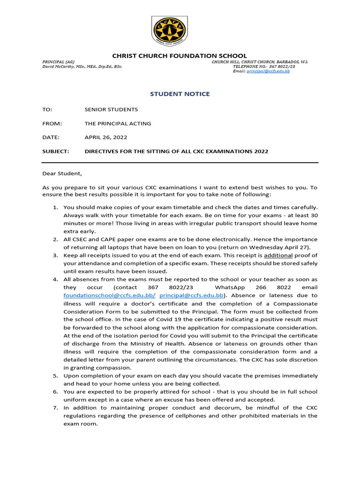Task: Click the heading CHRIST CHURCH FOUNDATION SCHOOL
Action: pyautogui.click(x=180, y=56)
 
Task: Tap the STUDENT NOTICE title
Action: pyautogui.click(x=180, y=94)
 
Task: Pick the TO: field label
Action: pyautogui.click(x=47, y=109)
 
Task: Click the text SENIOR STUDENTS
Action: pyautogui.click(x=111, y=109)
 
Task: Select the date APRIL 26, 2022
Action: pyautogui.click(x=105, y=137)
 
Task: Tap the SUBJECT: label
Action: pyautogui.click(x=56, y=151)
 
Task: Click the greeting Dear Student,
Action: pyautogui.click(x=62, y=174)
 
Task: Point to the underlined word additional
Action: pyautogui.click(x=278, y=255)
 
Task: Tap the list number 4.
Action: pyautogui.click(x=55, y=279)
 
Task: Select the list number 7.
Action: pyautogui.click(x=55, y=408)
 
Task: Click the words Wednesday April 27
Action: pyautogui.click(x=291, y=247)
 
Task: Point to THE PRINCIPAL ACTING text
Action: pyautogui.click(x=118, y=123)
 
